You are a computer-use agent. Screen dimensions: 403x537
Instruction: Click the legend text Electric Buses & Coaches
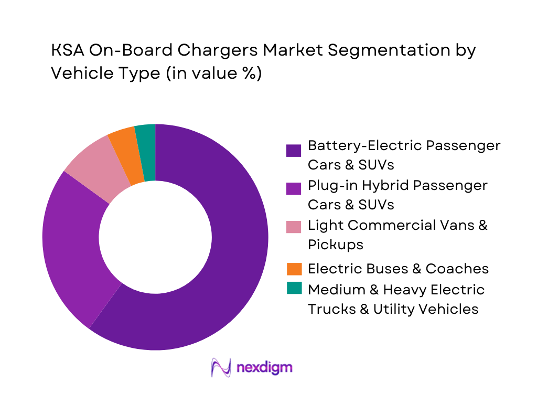point(398,269)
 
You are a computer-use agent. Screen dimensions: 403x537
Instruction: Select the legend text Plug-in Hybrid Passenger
point(398,185)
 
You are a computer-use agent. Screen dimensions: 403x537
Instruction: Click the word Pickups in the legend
point(335,245)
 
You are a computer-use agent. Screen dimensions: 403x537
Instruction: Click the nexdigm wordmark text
point(265,367)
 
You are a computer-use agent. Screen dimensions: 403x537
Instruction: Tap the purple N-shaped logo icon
point(221,367)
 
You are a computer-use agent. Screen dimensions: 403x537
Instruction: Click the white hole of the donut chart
point(155,237)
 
